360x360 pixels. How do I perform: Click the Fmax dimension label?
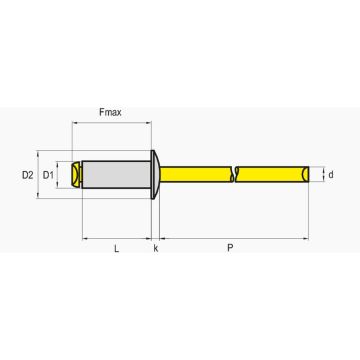click(110, 112)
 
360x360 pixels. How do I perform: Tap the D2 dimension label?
click(28, 175)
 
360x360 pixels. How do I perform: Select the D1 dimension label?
click(48, 175)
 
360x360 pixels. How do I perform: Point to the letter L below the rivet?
click(116, 248)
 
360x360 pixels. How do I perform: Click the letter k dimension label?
click(156, 248)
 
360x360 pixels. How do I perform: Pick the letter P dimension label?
click(230, 248)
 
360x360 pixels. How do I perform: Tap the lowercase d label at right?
click(331, 174)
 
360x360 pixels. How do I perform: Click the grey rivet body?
click(116, 174)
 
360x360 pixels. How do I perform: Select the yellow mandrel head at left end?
click(77, 174)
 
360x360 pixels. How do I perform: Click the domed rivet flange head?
click(155, 174)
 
